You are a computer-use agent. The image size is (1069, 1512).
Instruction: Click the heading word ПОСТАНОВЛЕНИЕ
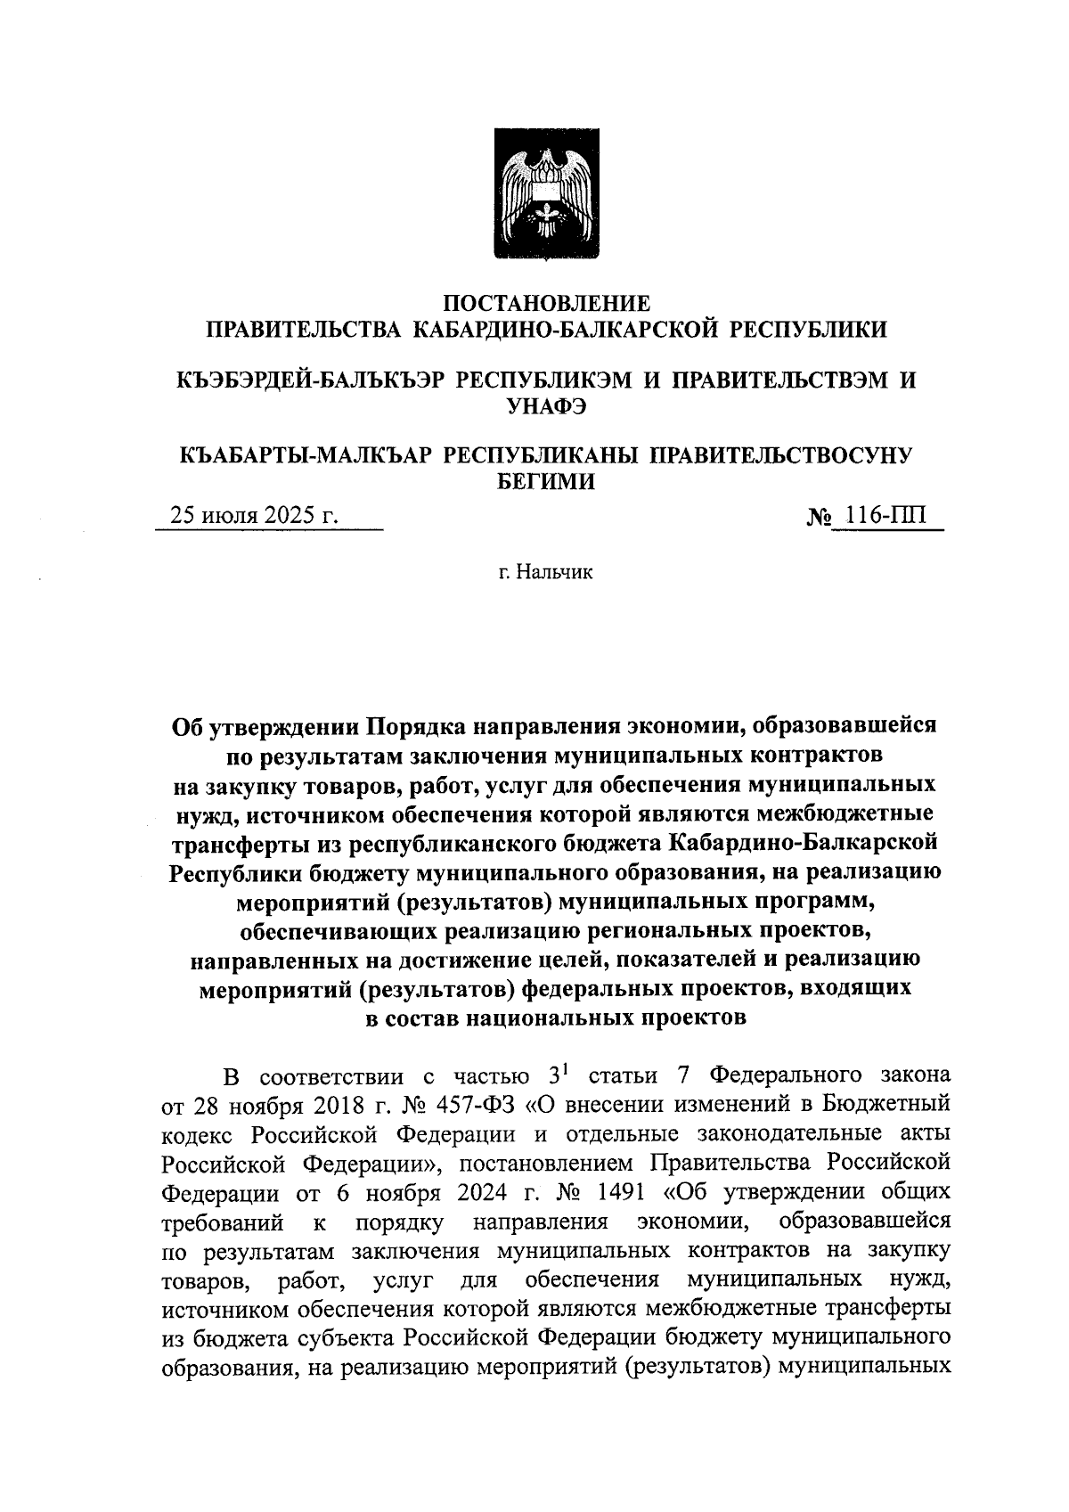click(547, 303)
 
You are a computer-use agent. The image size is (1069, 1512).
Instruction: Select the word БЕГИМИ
click(545, 482)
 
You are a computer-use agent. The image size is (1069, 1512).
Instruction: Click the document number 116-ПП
click(885, 516)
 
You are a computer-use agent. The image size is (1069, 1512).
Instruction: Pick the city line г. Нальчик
click(545, 572)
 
